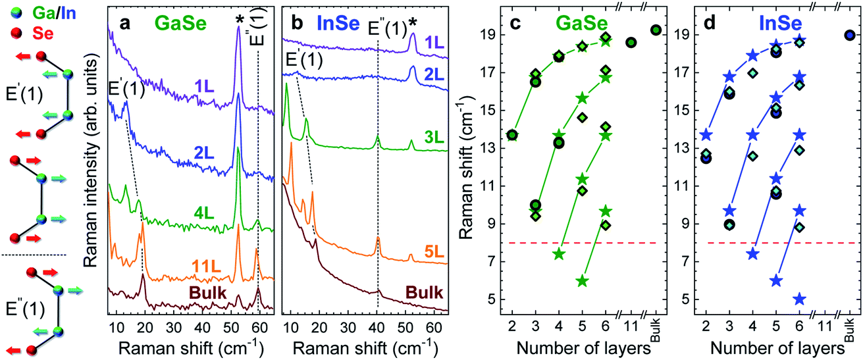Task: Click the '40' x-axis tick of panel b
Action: [377, 326]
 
